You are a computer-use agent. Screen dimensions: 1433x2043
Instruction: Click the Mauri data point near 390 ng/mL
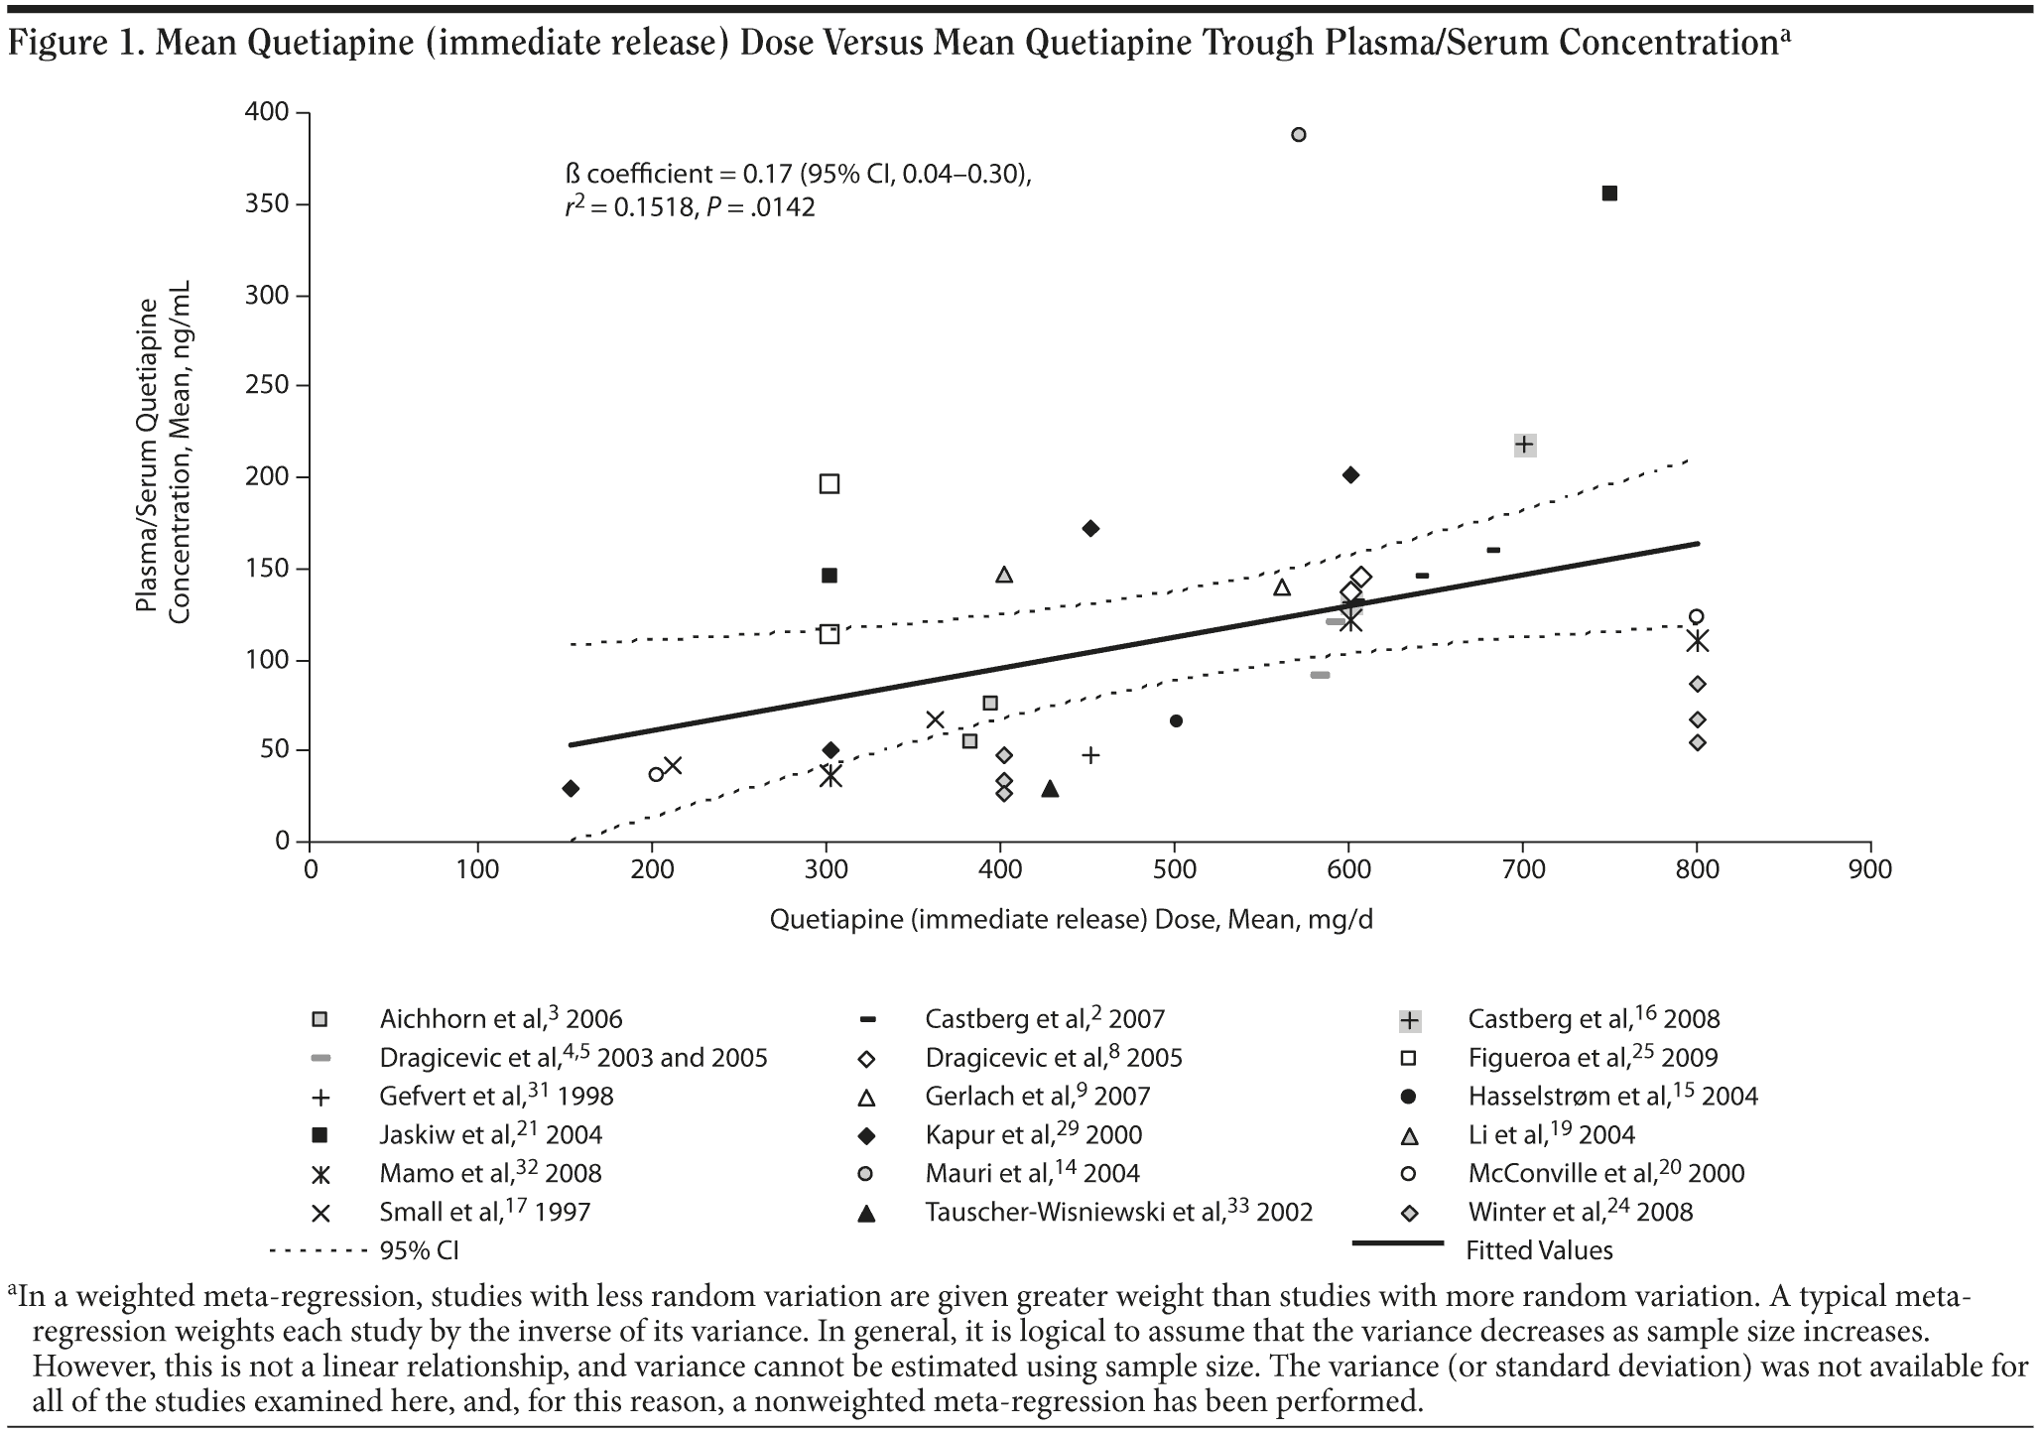pyautogui.click(x=1299, y=135)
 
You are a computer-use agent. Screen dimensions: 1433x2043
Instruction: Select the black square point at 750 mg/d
pyautogui.click(x=1609, y=194)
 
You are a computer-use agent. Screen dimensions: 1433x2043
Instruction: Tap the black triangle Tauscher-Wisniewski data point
pyautogui.click(x=1050, y=789)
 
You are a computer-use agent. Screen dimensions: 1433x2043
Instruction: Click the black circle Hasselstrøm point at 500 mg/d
pyautogui.click(x=1176, y=720)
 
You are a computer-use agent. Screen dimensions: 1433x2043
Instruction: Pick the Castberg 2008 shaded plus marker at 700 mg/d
pyautogui.click(x=1525, y=445)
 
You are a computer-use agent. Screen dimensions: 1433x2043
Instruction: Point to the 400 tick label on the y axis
pyautogui.click(x=268, y=113)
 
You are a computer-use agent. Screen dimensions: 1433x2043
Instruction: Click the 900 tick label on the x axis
pyautogui.click(x=1870, y=870)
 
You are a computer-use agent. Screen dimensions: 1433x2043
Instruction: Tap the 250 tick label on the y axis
pyautogui.click(x=268, y=386)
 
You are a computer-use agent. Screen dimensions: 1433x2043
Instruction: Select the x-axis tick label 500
pyautogui.click(x=1175, y=870)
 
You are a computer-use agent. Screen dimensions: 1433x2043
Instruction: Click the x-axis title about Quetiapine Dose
pyautogui.click(x=1072, y=920)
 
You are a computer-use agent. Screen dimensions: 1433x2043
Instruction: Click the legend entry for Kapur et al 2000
pyautogui.click(x=1033, y=1134)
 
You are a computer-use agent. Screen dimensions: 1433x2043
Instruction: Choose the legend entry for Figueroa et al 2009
pyautogui.click(x=1593, y=1058)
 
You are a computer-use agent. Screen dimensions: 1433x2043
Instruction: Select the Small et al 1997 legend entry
pyautogui.click(x=484, y=1212)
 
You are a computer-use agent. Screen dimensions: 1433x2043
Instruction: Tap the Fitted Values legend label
pyautogui.click(x=1539, y=1250)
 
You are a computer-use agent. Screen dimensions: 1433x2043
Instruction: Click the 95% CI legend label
pyautogui.click(x=419, y=1250)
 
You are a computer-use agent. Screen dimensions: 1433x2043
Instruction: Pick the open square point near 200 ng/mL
pyautogui.click(x=830, y=484)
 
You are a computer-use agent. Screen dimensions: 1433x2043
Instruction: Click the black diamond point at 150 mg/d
pyautogui.click(x=570, y=789)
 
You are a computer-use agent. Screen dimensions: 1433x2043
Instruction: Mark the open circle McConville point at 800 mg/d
pyautogui.click(x=1697, y=616)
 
